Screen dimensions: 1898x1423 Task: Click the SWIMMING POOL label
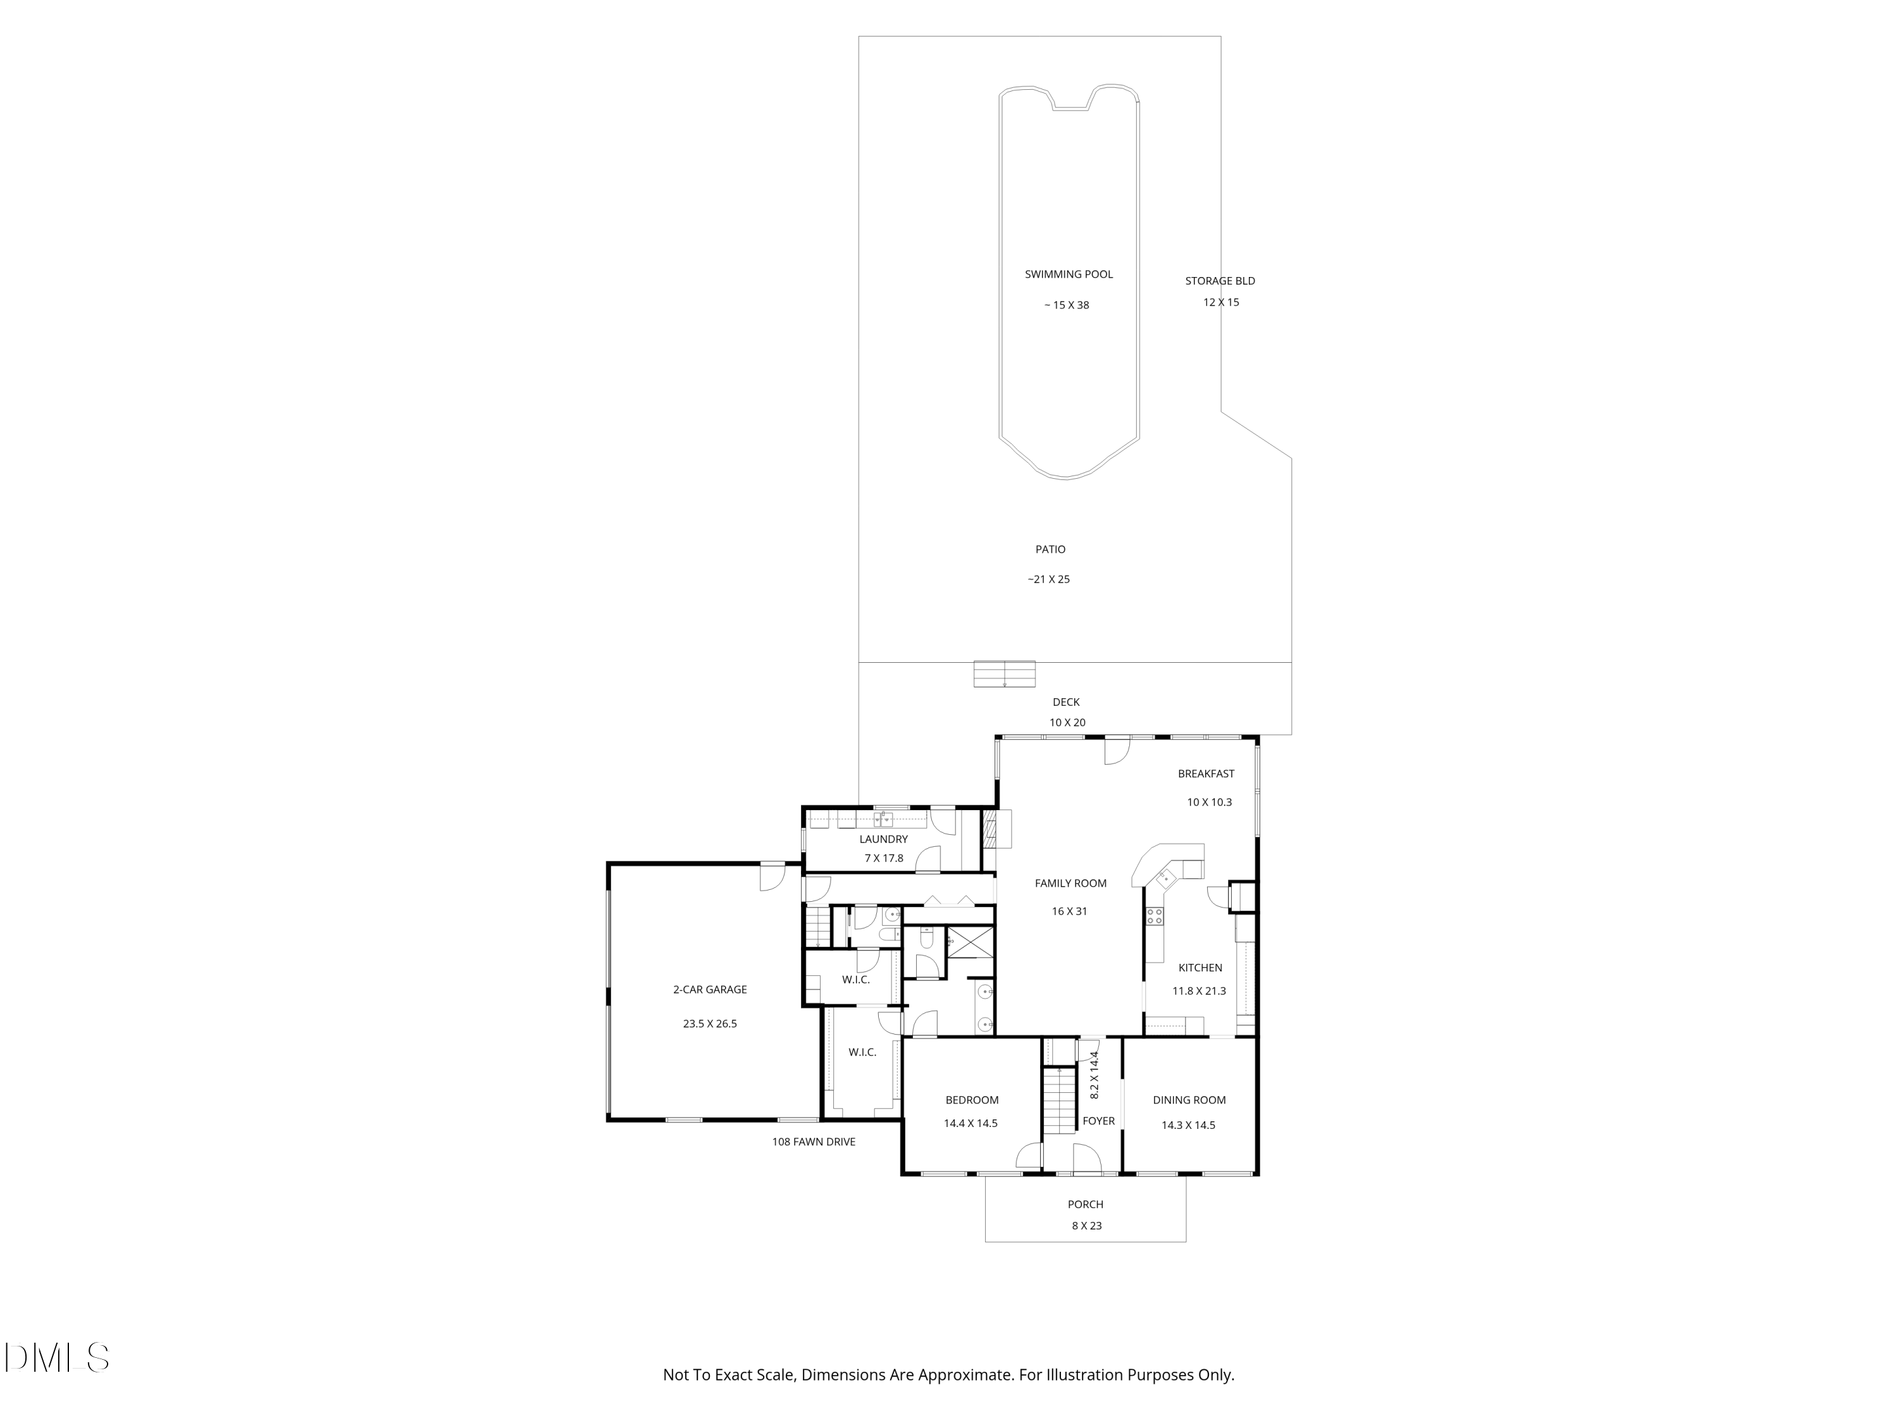click(x=1069, y=274)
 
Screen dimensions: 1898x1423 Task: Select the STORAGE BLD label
click(x=1220, y=280)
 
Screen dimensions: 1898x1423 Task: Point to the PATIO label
click(x=1050, y=549)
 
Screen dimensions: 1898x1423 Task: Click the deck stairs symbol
click(x=1004, y=674)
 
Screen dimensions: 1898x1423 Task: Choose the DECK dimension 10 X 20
click(x=1067, y=722)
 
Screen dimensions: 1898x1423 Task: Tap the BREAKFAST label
click(x=1206, y=773)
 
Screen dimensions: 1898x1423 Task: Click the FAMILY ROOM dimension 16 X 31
click(x=1069, y=911)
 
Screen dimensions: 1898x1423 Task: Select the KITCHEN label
click(x=1200, y=968)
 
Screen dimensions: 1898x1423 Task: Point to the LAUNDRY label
click(x=883, y=839)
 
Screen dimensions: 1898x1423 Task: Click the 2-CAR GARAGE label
click(x=710, y=989)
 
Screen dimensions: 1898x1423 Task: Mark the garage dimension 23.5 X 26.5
click(x=710, y=1023)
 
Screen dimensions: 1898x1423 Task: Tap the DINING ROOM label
click(x=1189, y=1100)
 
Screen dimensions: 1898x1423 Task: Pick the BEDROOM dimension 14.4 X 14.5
click(x=971, y=1123)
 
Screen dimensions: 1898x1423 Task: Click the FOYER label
click(x=1098, y=1121)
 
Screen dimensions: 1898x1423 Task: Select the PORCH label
click(x=1086, y=1204)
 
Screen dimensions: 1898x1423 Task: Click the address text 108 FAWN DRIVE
click(x=814, y=1142)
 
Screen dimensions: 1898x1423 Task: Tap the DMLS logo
click(x=57, y=1358)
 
